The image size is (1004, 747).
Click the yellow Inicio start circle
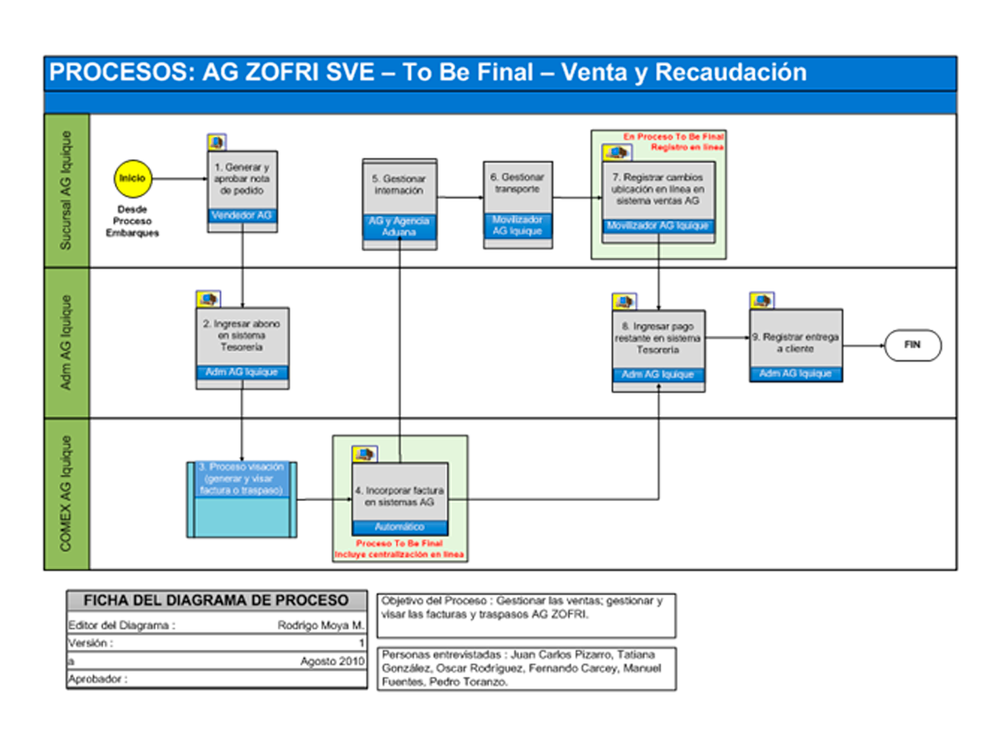(132, 178)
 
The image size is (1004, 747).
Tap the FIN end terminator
(913, 345)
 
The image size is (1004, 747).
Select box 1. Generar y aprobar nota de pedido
(243, 179)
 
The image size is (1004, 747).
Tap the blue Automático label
(399, 528)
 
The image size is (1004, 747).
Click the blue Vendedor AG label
(243, 216)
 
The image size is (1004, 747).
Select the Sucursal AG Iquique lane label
(66, 190)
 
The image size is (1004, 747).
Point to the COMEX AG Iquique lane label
(66, 494)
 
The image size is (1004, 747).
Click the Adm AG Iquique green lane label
(66, 343)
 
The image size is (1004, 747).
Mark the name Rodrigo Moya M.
(321, 625)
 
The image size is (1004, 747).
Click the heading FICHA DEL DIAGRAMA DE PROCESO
(217, 600)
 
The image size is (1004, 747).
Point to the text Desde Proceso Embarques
(132, 220)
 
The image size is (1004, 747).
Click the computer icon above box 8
(624, 301)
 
